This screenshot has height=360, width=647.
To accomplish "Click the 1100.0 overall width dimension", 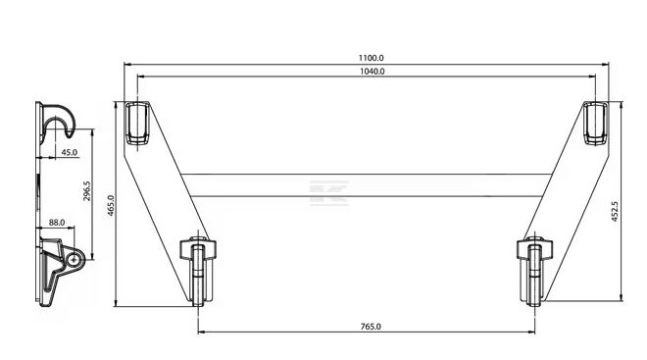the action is [x=371, y=58].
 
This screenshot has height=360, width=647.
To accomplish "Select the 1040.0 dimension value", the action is [x=373, y=72].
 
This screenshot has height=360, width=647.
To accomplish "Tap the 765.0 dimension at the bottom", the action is [x=371, y=327].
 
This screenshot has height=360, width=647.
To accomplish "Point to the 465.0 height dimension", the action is [x=111, y=204].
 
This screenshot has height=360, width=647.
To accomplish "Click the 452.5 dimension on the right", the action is [x=615, y=212].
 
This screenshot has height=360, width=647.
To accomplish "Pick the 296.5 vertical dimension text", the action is [x=87, y=191].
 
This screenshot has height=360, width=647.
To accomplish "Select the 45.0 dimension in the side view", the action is [x=70, y=152].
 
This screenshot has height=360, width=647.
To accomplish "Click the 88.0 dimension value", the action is [x=57, y=223].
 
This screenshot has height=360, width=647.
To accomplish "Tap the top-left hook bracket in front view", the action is [x=137, y=124].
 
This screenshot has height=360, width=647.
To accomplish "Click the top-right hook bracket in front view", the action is [x=595, y=124].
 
